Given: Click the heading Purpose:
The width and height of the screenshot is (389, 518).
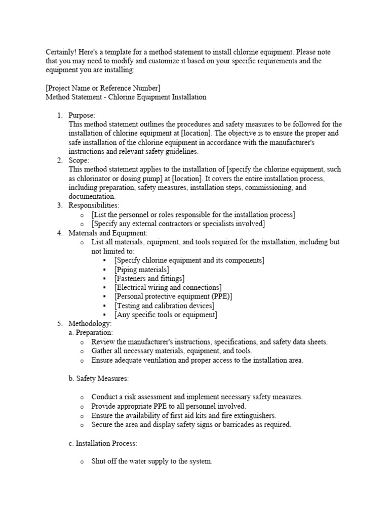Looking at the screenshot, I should [82, 115].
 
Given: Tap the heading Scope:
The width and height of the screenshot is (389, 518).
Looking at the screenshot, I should [79, 160].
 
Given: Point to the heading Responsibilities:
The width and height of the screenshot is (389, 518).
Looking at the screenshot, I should [94, 205].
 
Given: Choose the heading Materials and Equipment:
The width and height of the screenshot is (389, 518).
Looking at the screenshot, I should [108, 233].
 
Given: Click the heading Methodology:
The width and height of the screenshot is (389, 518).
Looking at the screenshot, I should [90, 323].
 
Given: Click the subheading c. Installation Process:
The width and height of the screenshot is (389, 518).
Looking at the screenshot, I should [103, 443].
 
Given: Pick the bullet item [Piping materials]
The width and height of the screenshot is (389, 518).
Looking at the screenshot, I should [141, 270].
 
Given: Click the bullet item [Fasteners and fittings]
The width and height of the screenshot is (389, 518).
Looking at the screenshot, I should [149, 278].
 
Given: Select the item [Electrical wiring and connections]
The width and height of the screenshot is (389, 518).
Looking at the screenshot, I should [168, 287].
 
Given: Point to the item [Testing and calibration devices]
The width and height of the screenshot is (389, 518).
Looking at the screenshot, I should [164, 306].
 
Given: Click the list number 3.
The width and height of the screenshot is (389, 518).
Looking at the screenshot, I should [59, 205].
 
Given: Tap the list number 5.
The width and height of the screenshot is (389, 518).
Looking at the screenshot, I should [59, 323].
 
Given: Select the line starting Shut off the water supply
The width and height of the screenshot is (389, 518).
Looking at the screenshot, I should [152, 461].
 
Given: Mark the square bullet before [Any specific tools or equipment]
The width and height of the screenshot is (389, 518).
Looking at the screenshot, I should [104, 315].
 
